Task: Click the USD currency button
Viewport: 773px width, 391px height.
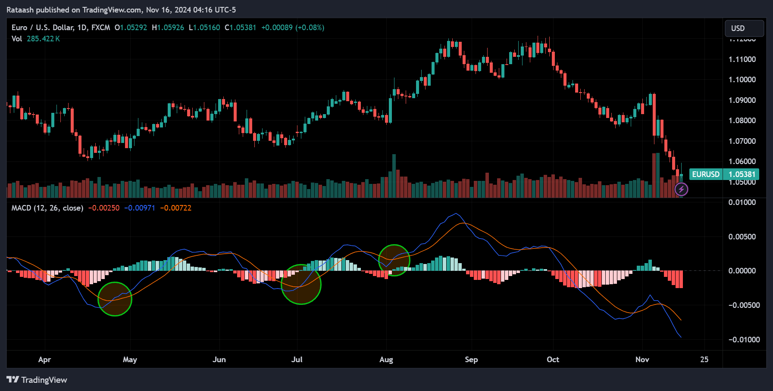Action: [x=744, y=28]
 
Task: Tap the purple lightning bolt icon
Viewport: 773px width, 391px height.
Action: [x=681, y=189]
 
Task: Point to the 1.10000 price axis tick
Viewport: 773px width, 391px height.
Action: [x=742, y=80]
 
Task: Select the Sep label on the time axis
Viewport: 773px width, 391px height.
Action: [x=471, y=360]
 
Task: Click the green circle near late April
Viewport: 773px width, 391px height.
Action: [x=115, y=299]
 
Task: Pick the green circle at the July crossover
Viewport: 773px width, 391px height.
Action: [x=301, y=284]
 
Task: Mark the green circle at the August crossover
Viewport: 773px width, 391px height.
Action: [x=394, y=260]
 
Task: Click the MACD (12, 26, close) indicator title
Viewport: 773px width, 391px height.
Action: [x=47, y=208]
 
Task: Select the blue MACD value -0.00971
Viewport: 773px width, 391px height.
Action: [x=140, y=208]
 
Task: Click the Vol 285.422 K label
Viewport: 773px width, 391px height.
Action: [x=36, y=39]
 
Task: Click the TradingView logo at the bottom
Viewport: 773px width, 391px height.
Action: [x=37, y=380]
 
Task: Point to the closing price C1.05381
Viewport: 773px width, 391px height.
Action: [x=241, y=28]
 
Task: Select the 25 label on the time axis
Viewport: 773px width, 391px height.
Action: [x=704, y=360]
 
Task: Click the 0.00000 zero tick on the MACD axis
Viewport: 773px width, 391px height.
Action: [x=742, y=271]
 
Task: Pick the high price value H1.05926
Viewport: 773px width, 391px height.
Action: [x=168, y=28]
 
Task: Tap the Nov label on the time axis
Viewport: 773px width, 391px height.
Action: [x=642, y=360]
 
